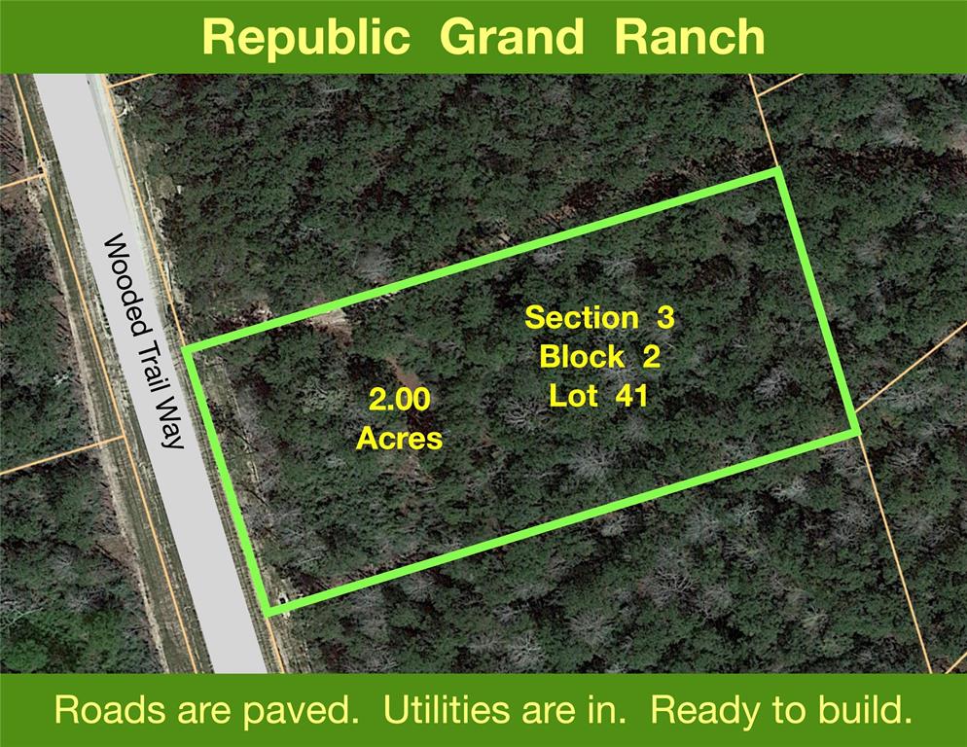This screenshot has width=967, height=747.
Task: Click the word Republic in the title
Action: coord(305,38)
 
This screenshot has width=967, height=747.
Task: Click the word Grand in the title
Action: coord(512,36)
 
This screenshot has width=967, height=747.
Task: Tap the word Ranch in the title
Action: coord(690,36)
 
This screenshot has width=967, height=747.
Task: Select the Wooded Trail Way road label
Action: coord(144,340)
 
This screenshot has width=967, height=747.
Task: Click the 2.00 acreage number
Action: coord(400,399)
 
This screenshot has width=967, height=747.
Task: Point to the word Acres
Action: coord(400,439)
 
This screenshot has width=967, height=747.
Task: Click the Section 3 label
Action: coord(599,318)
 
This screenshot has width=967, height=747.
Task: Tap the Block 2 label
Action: coord(599,357)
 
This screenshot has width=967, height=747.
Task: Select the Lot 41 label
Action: coord(598,396)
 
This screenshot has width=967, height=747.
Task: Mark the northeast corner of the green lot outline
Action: coord(777,171)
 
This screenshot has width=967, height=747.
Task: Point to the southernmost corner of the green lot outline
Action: coord(269,611)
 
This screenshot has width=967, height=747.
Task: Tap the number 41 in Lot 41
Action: coord(631,396)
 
